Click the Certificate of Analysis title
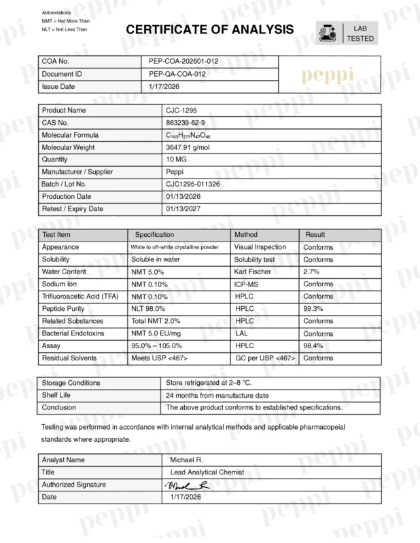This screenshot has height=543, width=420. coord(209,29)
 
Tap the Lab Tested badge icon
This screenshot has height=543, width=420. coord(328,33)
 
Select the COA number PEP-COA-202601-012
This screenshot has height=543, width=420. coord(183,62)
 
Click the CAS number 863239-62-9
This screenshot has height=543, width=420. coord(185,123)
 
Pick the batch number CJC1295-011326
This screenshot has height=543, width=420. coord(193,184)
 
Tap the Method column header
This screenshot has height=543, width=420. coord(245,235)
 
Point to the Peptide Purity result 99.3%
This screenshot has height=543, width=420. coord(313,309)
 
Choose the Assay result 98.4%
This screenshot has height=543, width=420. coord(313,345)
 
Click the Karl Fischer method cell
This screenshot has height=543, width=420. coord(253,271)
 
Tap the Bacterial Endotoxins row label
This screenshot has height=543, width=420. coord(73,333)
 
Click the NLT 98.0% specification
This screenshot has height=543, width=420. coord(149,309)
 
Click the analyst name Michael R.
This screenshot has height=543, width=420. coord(186,460)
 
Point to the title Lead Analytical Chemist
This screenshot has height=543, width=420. coord(203,472)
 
